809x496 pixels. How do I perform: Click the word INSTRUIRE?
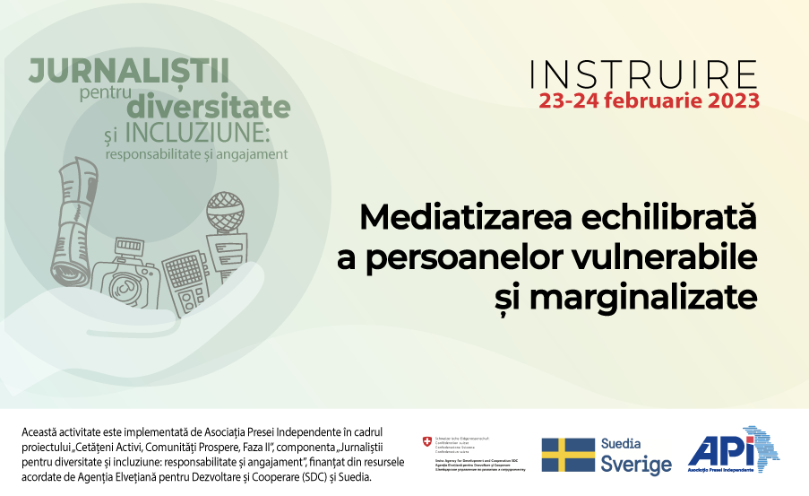click(644, 73)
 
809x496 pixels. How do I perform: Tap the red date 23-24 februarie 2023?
click(650, 100)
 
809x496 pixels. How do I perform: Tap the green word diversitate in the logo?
click(208, 106)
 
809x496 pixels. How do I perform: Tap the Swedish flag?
click(568, 455)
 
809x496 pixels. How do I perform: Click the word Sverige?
click(636, 465)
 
